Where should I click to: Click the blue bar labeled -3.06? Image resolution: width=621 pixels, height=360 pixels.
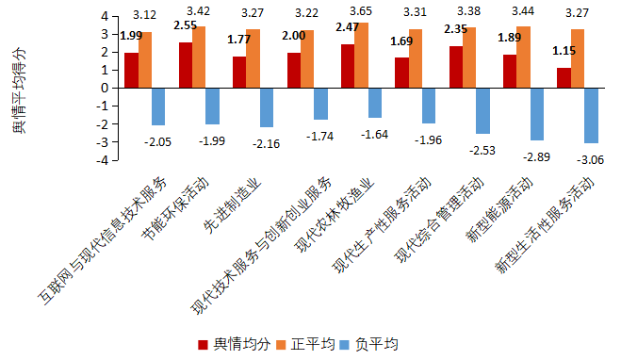(591, 115)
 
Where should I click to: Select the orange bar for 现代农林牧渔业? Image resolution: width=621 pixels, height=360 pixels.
(362, 55)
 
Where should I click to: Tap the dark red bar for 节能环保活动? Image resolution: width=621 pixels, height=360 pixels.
(186, 65)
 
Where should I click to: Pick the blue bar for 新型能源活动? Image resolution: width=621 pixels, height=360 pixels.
(537, 114)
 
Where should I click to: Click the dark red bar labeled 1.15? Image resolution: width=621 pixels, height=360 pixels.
(564, 77)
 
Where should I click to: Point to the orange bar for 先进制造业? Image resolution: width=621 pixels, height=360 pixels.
(253, 58)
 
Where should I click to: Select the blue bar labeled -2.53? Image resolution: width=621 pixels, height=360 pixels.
(482, 111)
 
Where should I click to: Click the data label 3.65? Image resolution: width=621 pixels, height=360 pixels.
(361, 11)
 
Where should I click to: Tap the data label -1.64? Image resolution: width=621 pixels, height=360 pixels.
(374, 135)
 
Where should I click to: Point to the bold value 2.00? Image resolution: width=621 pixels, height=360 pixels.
(293, 36)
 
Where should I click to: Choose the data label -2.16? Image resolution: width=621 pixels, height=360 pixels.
(266, 144)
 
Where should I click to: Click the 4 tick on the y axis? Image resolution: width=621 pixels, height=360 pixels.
(105, 16)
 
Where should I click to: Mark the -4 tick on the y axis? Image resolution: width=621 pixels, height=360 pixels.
(102, 160)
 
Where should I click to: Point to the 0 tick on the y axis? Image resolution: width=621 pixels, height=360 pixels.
(105, 88)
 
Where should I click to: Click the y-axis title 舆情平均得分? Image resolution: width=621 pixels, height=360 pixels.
(19, 90)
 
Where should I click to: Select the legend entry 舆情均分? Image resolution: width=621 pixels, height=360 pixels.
(234, 344)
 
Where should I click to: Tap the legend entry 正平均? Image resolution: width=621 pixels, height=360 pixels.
(305, 344)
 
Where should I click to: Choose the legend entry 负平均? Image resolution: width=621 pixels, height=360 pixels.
(369, 344)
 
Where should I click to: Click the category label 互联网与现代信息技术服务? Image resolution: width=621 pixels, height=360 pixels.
(103, 241)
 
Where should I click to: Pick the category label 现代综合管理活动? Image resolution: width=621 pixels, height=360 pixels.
(439, 220)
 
